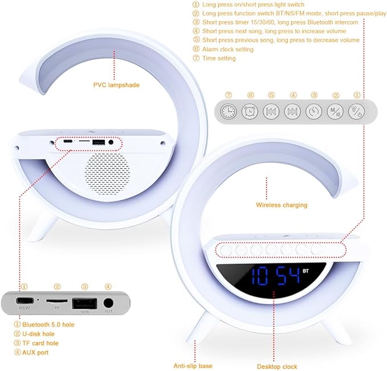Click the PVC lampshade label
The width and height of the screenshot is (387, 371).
click(x=116, y=85)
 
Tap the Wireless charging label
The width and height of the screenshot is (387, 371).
click(x=281, y=205)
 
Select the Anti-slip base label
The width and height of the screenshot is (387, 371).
click(x=193, y=365)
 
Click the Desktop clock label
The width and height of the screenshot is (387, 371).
click(x=277, y=366)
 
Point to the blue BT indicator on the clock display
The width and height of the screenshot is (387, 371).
click(x=305, y=271)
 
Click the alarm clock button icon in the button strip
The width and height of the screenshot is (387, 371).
click(x=250, y=111)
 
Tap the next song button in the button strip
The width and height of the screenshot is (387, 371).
click(x=292, y=111)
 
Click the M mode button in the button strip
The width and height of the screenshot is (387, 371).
click(x=335, y=111)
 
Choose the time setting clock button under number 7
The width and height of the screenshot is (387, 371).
click(x=229, y=111)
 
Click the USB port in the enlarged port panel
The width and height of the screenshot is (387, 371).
click(x=84, y=303)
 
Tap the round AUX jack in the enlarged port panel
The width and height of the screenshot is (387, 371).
click(x=108, y=303)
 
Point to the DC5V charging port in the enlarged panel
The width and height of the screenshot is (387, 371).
click(x=24, y=301)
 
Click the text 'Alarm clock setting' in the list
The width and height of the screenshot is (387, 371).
click(x=229, y=50)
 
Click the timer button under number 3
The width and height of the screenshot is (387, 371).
click(x=314, y=111)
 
